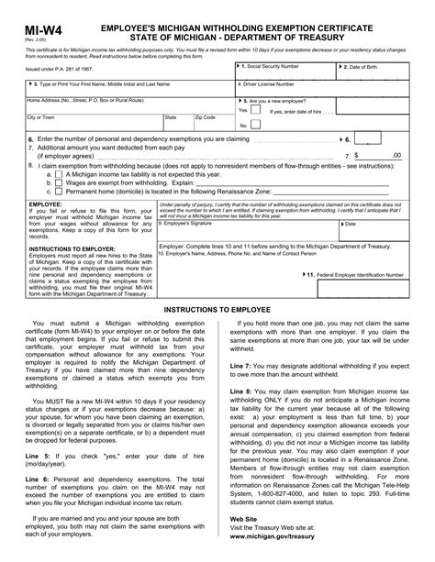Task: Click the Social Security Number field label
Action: (x=271, y=68)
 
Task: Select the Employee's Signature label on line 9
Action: (x=189, y=221)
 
